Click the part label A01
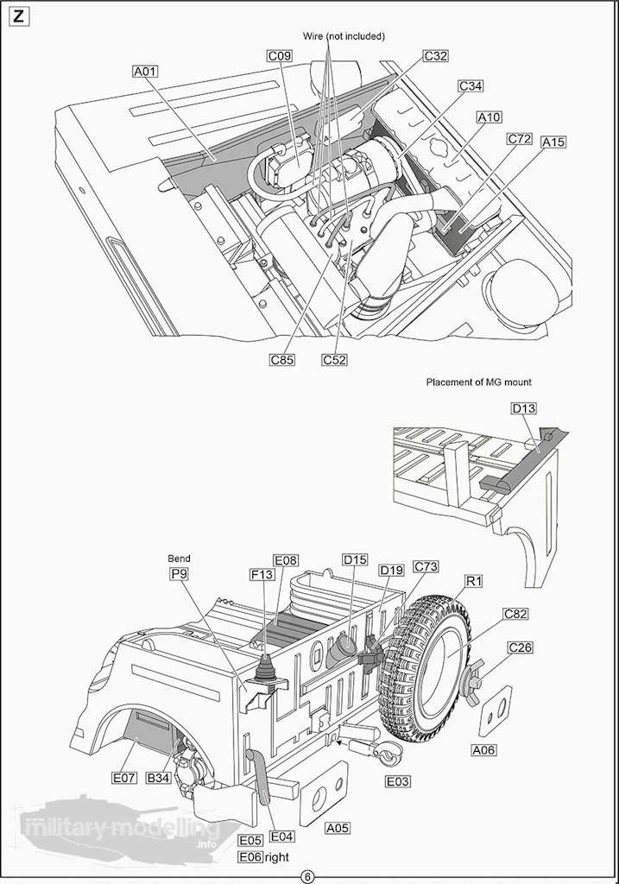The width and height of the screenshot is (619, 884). click(x=144, y=72)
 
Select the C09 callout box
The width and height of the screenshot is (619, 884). click(x=279, y=56)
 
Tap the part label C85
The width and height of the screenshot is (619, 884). click(x=281, y=360)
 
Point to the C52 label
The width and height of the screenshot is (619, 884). click(x=334, y=360)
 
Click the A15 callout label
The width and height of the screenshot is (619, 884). click(x=553, y=141)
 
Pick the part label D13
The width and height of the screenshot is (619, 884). click(x=524, y=408)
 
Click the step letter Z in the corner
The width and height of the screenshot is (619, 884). click(x=19, y=17)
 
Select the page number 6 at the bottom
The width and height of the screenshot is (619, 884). click(x=308, y=876)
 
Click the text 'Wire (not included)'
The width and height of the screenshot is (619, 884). click(x=344, y=36)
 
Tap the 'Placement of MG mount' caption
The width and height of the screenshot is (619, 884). click(x=478, y=382)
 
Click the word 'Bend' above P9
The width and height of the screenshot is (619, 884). click(x=179, y=559)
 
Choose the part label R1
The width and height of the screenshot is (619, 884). click(x=474, y=581)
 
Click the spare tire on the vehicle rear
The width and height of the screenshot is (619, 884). click(x=428, y=662)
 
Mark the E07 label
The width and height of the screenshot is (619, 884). click(x=124, y=778)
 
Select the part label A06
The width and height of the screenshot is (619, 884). click(x=484, y=750)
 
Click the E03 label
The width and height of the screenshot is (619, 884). click(x=397, y=781)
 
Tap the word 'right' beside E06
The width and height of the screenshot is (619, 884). click(x=277, y=856)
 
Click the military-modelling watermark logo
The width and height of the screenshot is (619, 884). click(x=112, y=826)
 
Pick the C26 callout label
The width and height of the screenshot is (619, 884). click(x=521, y=647)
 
